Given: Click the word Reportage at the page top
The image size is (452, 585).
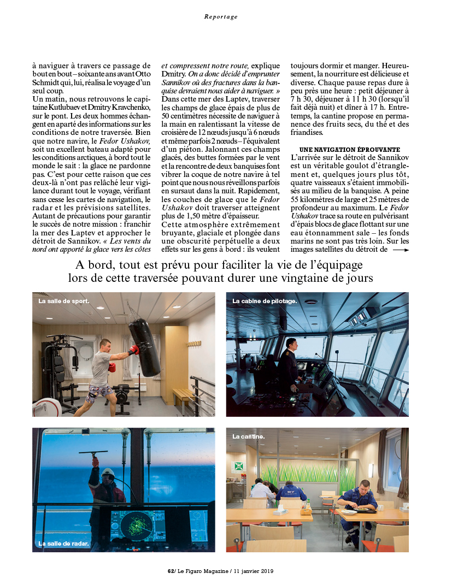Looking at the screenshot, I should click(x=221, y=17).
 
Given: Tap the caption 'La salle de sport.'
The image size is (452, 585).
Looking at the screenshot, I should click(x=63, y=301).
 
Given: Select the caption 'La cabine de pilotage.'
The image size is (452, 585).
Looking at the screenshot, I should click(x=265, y=301).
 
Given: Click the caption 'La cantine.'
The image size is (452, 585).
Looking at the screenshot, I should click(x=249, y=436).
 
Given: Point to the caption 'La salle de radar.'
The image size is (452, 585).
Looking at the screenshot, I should click(x=63, y=543).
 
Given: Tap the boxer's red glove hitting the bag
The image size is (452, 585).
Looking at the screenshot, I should click(x=133, y=350).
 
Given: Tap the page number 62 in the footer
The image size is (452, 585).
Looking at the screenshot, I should click(x=171, y=571).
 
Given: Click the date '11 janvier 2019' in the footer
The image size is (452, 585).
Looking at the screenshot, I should click(x=251, y=571).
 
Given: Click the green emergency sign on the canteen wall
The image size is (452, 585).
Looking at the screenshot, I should click(x=239, y=466).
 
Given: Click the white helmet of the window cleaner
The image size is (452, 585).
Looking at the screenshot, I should click(x=108, y=471).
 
